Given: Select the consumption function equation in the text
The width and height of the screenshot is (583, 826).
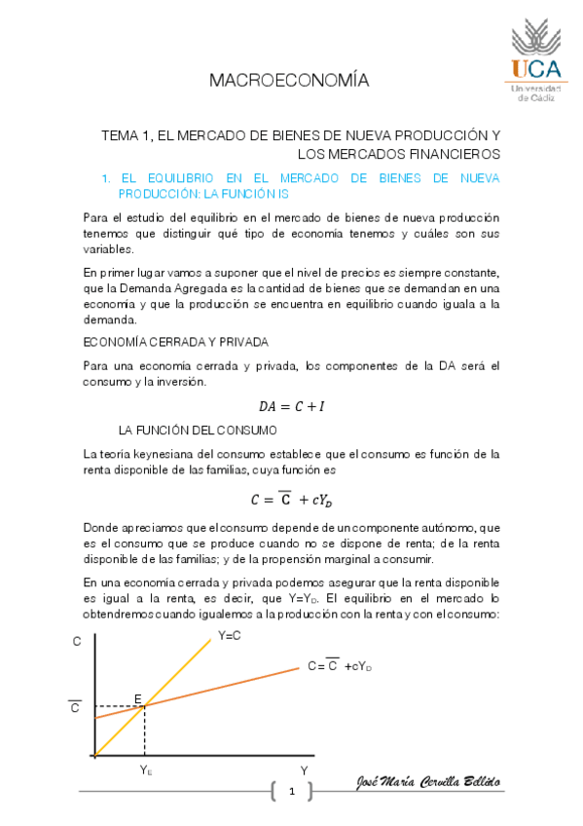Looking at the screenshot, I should tap(291, 501).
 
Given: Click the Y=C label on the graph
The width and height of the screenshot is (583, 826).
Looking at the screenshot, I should tap(231, 635).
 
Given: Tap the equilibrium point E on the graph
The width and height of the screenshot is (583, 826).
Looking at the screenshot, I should tap(144, 704).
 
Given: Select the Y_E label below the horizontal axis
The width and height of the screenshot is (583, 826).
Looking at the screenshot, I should tap(145, 770).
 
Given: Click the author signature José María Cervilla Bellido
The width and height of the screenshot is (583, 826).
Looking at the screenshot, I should tap(429, 784).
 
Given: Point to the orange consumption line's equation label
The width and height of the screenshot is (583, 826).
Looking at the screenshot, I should tap(340, 666).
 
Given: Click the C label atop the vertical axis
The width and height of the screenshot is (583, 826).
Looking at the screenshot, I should tap(77, 642).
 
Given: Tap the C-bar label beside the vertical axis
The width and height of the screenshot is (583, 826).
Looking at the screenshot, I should tap(75, 708).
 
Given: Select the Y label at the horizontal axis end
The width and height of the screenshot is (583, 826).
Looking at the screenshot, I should tap(304, 770).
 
